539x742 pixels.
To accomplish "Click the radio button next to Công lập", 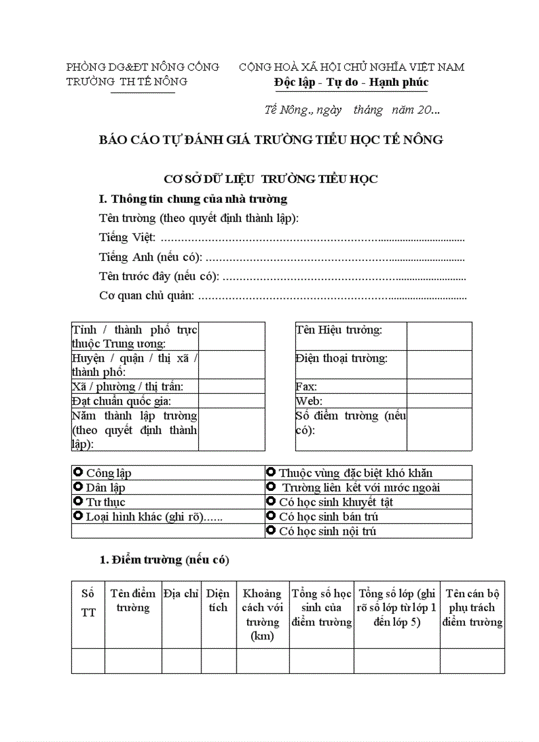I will coord(78,472).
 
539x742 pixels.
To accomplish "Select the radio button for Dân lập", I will coord(78,487).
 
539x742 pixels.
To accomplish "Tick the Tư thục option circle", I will coord(78,501).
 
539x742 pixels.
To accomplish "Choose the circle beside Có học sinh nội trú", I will coord(271,531).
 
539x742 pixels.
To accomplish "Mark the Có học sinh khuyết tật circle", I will coord(271,501).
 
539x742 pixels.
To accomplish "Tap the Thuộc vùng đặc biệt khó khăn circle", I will coord(271,472).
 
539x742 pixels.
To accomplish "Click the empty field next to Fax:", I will coord(439,387).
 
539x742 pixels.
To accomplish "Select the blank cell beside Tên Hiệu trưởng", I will coord(439,336).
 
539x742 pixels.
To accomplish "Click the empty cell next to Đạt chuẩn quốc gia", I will coord(231,401).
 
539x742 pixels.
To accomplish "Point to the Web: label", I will coord(308,401).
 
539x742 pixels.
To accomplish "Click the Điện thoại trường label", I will coord(341,358).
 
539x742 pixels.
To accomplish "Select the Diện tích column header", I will coord(218,600).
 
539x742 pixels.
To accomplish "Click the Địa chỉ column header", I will coord(181,593).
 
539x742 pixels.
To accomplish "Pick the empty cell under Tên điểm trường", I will coord(133,661).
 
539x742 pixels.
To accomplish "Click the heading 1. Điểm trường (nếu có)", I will coord(164,560).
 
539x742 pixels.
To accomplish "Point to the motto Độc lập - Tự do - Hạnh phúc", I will coord(351,82).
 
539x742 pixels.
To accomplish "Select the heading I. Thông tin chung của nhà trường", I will coord(192,198).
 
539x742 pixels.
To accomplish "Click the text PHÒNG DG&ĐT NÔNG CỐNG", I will coord(143,67).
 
